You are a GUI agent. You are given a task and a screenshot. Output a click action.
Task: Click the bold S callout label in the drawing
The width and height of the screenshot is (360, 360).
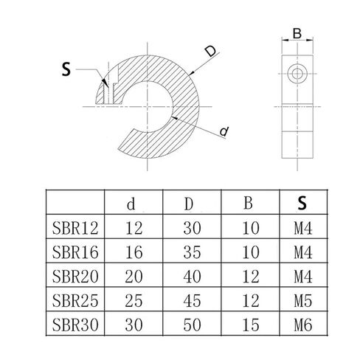pyautogui.click(x=66, y=69)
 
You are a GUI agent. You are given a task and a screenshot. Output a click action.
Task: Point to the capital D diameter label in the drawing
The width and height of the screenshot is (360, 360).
pyautogui.click(x=211, y=52)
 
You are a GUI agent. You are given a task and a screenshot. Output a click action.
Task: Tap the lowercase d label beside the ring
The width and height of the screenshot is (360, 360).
pyautogui.click(x=224, y=131)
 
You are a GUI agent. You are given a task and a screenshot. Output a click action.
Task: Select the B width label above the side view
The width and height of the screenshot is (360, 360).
pyautogui.click(x=297, y=34)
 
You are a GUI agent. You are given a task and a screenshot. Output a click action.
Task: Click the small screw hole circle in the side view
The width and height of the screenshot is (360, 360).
pyautogui.click(x=297, y=73)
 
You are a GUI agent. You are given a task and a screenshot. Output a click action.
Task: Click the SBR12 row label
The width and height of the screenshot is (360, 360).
pyautogui.click(x=75, y=228)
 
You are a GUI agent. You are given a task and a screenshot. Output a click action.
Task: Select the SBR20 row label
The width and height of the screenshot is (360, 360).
pyautogui.click(x=75, y=276)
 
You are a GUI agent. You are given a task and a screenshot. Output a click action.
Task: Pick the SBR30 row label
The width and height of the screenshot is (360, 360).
pyautogui.click(x=75, y=325)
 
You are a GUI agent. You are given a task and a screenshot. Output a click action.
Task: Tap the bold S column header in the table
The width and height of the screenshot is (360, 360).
pyautogui.click(x=302, y=203)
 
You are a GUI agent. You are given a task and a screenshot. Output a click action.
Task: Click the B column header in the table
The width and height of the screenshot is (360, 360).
pyautogui.click(x=248, y=203)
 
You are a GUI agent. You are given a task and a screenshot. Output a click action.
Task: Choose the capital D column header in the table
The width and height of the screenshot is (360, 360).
pyautogui.click(x=189, y=204)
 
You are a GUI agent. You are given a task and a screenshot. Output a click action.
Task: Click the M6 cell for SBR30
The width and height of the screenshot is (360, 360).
pyautogui.click(x=303, y=325)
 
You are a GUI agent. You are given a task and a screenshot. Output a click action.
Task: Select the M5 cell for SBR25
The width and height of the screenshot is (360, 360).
pyautogui.click(x=303, y=300)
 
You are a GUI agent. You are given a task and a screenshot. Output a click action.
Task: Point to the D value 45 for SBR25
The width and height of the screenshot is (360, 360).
pyautogui.click(x=192, y=300)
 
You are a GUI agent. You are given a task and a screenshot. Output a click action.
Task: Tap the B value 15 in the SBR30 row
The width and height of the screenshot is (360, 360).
pyautogui.click(x=251, y=325)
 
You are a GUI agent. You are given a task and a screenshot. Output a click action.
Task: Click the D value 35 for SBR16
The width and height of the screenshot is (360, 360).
pyautogui.click(x=192, y=252)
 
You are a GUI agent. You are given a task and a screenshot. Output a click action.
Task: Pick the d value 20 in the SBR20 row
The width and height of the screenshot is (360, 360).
pyautogui.click(x=134, y=276)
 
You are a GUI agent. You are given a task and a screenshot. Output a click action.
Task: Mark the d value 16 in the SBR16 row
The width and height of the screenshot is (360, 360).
pyautogui.click(x=134, y=252)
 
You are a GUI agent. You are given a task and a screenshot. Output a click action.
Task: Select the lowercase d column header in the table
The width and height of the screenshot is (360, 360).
pyautogui.click(x=131, y=204)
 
